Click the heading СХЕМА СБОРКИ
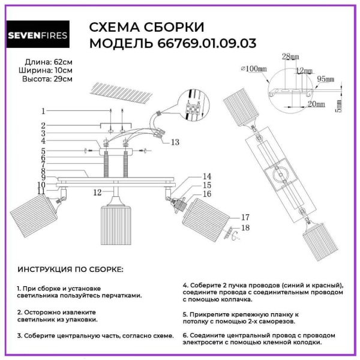tap(146, 28)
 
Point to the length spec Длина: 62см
tap(49, 62)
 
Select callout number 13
tap(175, 142)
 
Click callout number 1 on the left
tap(43, 111)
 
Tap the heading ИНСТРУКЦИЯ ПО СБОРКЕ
tap(70, 270)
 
